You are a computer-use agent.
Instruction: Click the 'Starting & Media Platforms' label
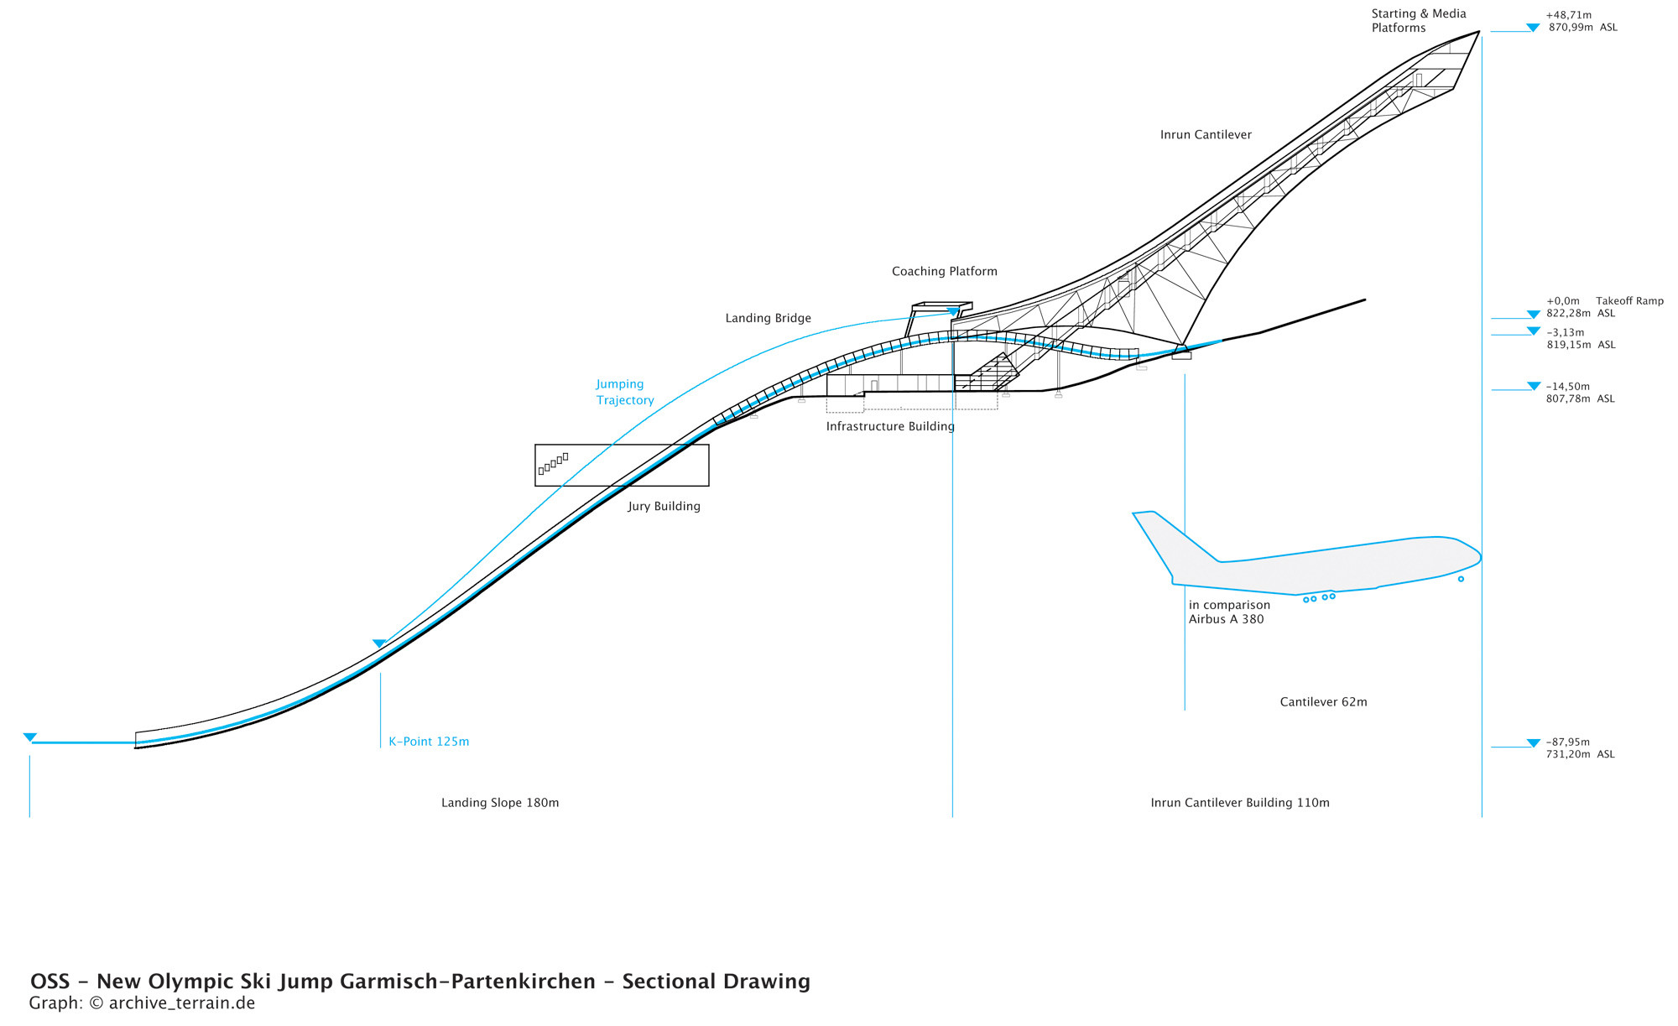coord(1418,21)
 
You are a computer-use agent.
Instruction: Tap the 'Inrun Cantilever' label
coord(1206,135)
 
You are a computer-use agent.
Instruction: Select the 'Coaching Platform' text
coord(944,272)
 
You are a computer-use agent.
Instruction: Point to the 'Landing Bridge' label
coord(768,319)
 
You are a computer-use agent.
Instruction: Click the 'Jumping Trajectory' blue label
coord(624,393)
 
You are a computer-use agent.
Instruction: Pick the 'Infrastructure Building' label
coord(890,427)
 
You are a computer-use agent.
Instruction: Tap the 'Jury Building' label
coord(664,507)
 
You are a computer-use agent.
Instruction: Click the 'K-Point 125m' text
coord(429,742)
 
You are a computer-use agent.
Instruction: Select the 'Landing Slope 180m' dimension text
coord(500,804)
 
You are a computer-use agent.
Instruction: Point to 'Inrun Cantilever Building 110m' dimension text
coord(1239,804)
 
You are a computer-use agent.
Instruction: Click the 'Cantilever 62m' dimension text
coord(1323,703)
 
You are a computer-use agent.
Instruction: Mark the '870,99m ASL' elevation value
coord(1582,28)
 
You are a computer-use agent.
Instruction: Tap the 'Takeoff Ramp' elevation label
coord(1629,301)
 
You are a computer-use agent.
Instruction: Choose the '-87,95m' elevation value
coord(1567,742)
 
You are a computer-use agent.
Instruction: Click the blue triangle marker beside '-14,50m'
coord(1534,386)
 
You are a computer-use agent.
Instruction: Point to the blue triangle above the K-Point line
coord(379,643)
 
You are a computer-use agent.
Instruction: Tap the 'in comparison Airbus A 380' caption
coord(1228,612)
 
